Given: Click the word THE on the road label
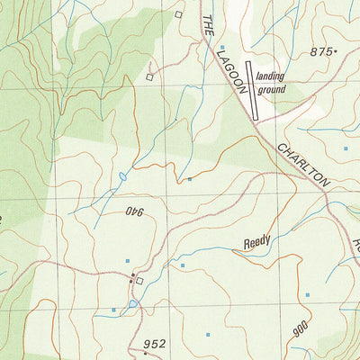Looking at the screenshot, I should click(207, 26).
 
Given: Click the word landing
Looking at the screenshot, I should click(270, 78).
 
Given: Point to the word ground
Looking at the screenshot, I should click(271, 90).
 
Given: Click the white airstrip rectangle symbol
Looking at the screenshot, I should click(251, 95).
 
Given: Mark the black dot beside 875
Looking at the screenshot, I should click(335, 52).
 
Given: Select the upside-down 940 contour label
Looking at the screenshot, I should click(135, 212).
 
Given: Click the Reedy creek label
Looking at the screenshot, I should click(256, 242).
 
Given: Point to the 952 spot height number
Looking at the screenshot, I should click(155, 344).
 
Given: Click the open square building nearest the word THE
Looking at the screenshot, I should click(178, 14).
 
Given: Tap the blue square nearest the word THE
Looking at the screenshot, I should click(221, 46).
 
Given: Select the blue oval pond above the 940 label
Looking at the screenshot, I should click(121, 175).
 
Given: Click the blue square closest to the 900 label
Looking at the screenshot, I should click(307, 294).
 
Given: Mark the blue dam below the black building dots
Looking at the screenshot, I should click(133, 304).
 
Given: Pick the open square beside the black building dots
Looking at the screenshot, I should click(139, 281).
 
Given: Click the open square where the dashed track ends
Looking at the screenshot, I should click(149, 77).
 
